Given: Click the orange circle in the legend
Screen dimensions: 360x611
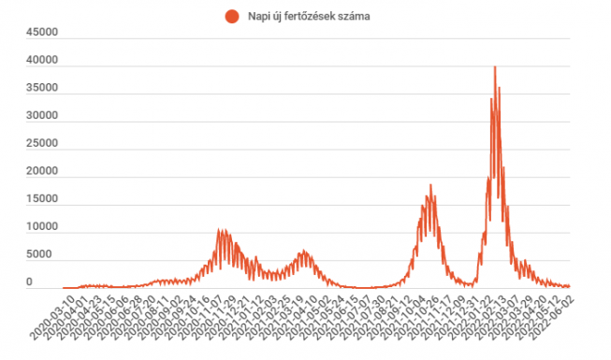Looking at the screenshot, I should point(230,16).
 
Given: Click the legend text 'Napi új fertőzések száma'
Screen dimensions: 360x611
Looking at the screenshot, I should point(304,16).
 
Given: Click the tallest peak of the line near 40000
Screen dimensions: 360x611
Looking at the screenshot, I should point(494,67).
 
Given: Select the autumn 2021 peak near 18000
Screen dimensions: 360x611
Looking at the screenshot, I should point(430,185).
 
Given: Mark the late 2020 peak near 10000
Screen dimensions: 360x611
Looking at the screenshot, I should point(221,230).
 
